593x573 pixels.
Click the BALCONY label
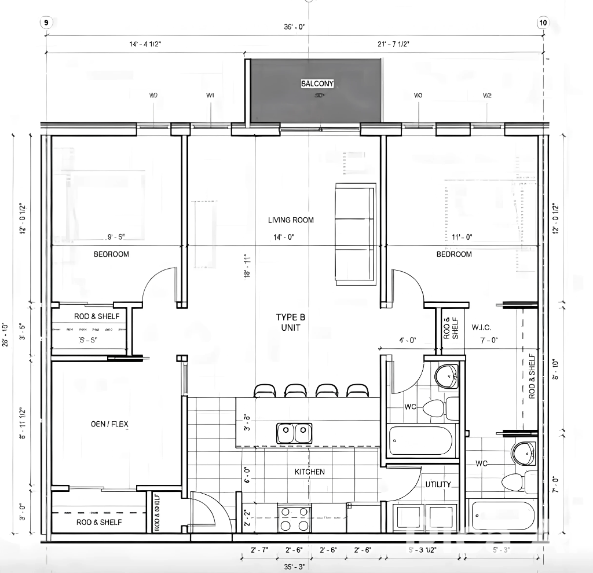click(317, 84)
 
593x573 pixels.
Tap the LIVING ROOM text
click(291, 220)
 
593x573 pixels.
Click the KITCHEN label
click(309, 472)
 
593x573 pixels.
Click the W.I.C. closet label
click(481, 328)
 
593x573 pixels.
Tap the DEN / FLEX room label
click(109, 424)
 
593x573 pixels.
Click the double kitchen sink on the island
click(293, 433)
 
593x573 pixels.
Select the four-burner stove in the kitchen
click(294, 519)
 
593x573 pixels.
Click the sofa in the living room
click(355, 234)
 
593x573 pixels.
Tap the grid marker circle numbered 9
click(46, 23)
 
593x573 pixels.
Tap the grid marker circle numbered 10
click(543, 23)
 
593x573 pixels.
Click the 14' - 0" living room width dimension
click(284, 237)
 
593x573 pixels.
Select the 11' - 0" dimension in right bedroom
click(462, 237)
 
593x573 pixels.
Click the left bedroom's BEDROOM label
click(111, 254)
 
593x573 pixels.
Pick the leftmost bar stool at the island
click(265, 391)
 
